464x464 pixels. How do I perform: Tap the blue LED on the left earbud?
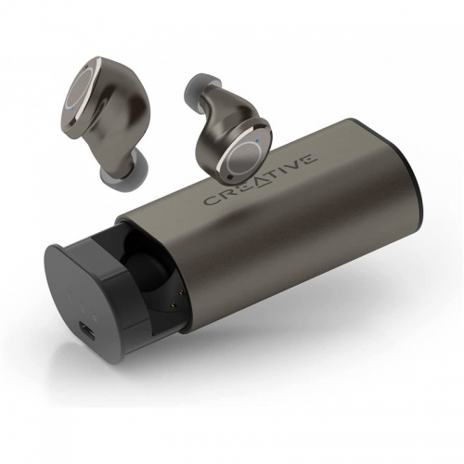pos(72,109)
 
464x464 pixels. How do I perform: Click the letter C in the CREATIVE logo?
pos(211,200)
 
